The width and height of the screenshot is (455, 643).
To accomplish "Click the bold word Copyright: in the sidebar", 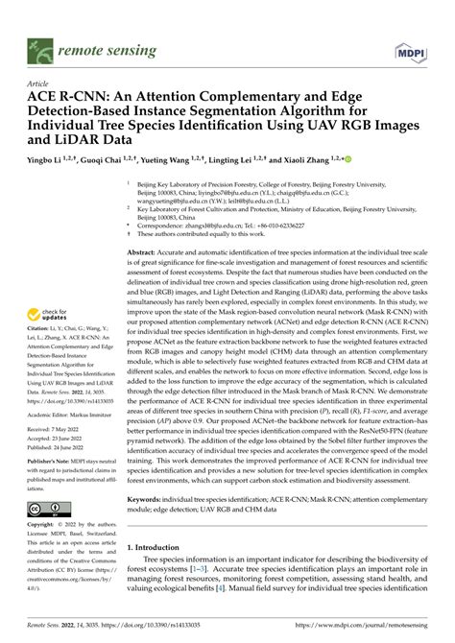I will (x=41, y=526).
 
